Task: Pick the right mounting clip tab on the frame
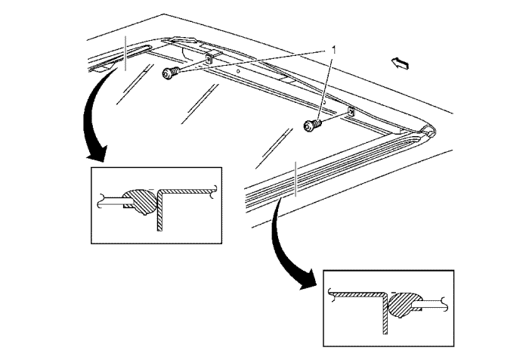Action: point(351,112)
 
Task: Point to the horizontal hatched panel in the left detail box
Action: point(189,190)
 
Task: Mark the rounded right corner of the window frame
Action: point(428,130)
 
